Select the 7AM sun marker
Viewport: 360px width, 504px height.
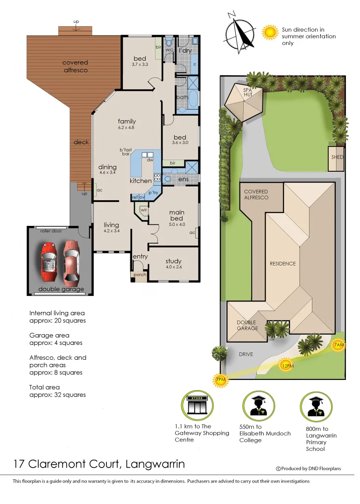[x=339, y=346]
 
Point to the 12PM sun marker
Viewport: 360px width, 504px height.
[x=287, y=365]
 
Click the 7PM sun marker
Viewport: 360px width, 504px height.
[x=220, y=380]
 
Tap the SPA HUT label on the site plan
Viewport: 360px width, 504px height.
[x=247, y=92]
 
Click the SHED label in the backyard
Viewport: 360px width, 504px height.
[x=337, y=157]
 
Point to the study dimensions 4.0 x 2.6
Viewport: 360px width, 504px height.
[x=173, y=267]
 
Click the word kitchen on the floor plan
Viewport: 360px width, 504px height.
[x=141, y=181]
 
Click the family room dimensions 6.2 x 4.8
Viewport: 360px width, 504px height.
[x=126, y=127]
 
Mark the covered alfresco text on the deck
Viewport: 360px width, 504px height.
[x=75, y=66]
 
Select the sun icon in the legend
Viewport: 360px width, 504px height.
[x=269, y=32]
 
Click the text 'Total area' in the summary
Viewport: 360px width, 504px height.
[x=44, y=387]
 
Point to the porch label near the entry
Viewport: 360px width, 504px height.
[x=140, y=275]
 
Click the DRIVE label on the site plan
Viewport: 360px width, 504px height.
[x=246, y=354]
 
